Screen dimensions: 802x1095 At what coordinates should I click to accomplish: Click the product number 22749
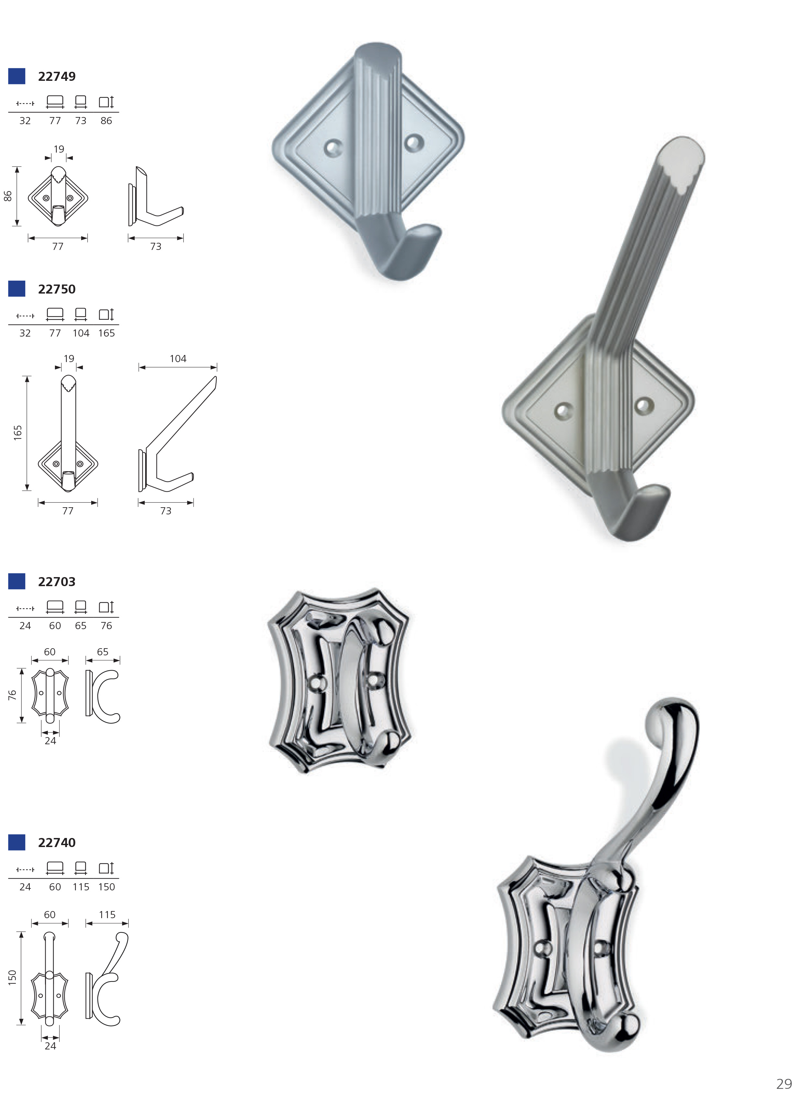pos(57,77)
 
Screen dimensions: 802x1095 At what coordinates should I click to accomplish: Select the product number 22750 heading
pos(57,289)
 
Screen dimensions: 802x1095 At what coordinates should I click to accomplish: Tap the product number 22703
pos(57,582)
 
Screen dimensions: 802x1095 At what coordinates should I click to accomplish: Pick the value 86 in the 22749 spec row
pos(106,121)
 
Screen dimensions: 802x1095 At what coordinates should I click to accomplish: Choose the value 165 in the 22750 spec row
pos(106,333)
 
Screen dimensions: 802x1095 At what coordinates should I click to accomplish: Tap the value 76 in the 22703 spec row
pos(106,626)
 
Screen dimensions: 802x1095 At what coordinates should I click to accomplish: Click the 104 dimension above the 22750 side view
pos(178,359)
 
